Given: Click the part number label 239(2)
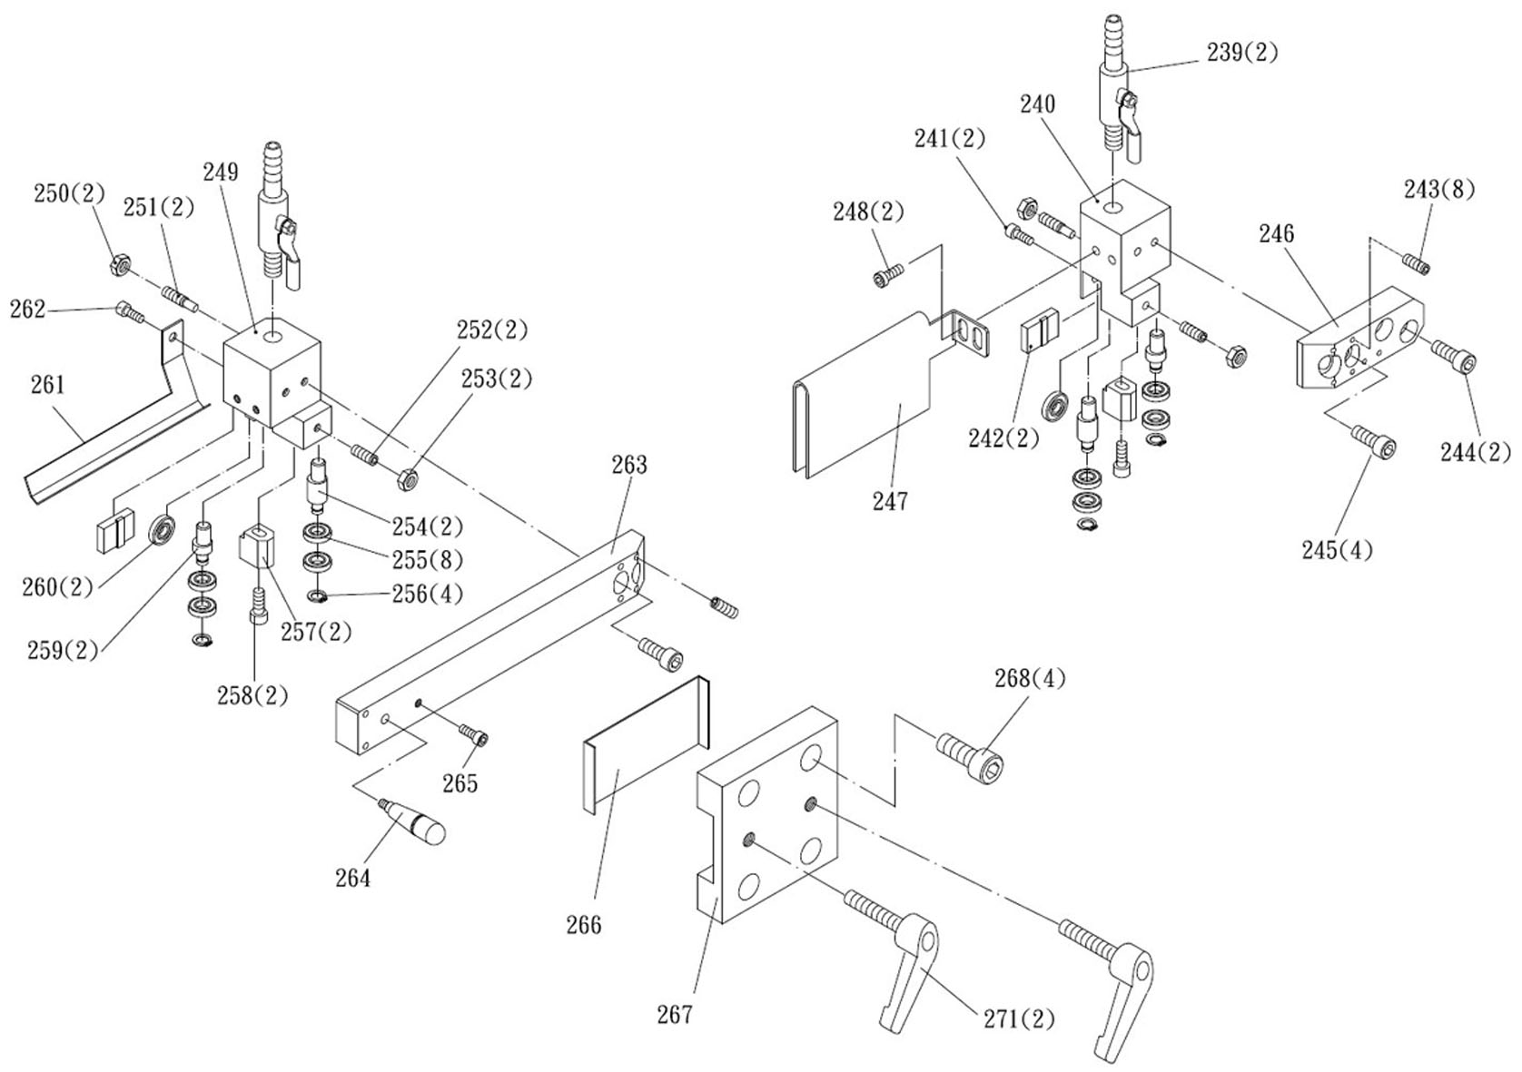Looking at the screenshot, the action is point(1242,53).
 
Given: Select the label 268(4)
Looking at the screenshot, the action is point(1030,678).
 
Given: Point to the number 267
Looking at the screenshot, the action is point(675,1014).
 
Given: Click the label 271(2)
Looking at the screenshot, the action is point(1019,1018).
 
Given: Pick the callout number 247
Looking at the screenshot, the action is point(890,501).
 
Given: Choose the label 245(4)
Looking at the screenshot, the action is point(1337,549).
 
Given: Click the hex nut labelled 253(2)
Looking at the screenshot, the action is point(407,478).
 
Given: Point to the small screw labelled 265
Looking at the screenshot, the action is point(474,734).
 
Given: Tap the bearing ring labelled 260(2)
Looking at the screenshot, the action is point(163,529).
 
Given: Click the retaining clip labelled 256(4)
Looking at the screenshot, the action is point(317,596).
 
